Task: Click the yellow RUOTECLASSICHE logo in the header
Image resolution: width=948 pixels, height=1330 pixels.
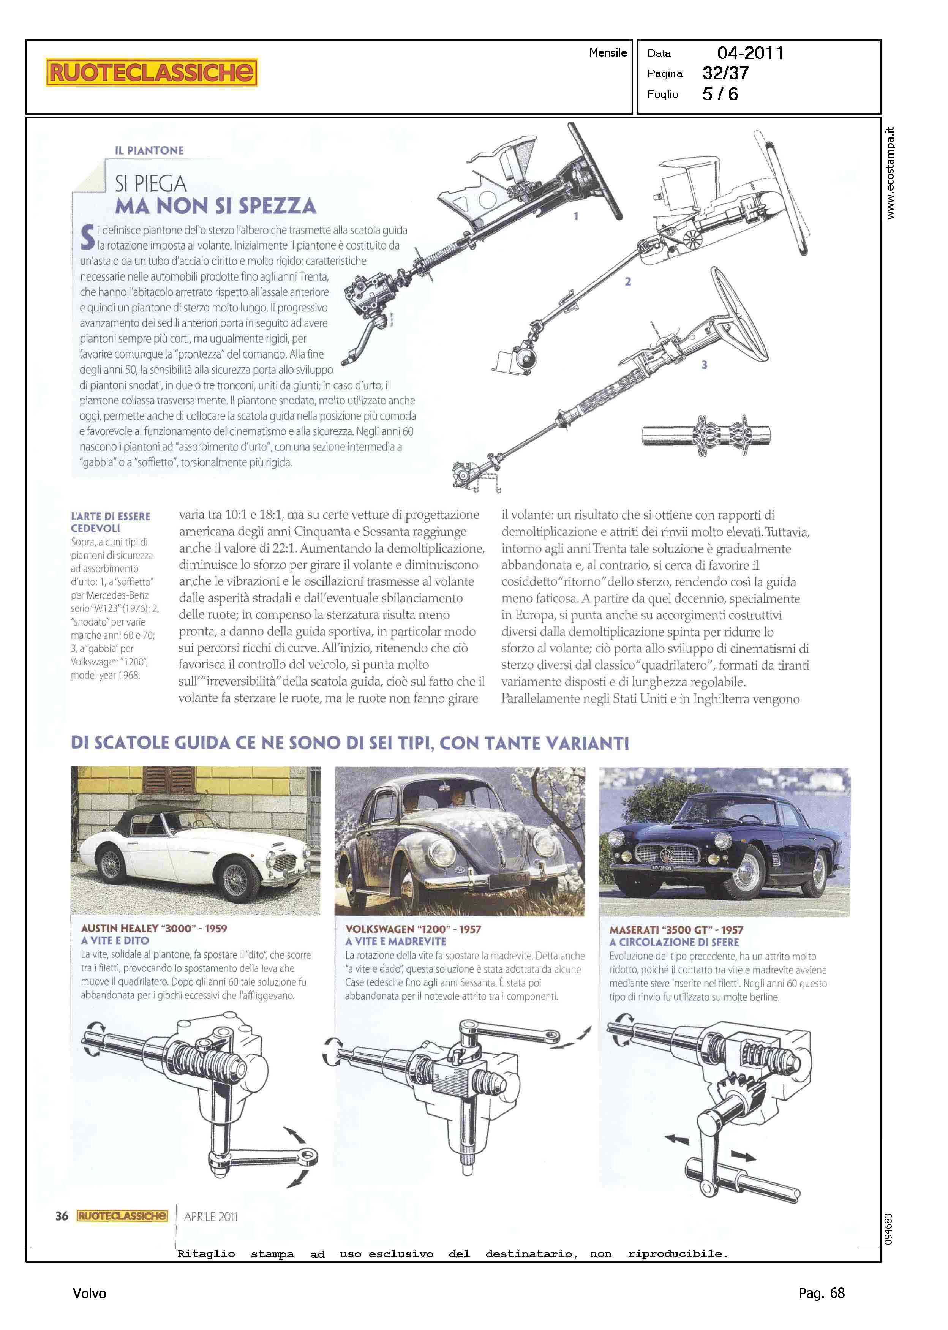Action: coord(152,73)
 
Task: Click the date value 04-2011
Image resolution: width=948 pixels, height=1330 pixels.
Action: coord(750,53)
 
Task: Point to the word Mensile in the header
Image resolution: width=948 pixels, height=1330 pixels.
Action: coord(608,52)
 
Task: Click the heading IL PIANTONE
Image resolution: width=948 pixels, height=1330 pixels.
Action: coord(149,150)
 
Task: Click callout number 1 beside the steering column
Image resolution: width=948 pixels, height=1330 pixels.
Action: coord(576,216)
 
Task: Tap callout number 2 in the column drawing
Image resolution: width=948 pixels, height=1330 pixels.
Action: coord(628,281)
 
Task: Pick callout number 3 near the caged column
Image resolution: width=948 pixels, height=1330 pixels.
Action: coord(704,365)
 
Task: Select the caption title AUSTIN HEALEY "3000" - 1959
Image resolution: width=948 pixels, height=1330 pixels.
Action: coord(154,928)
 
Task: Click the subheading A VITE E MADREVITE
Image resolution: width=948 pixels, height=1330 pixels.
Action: coord(396,941)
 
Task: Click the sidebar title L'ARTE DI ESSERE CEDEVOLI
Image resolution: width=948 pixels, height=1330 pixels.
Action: coord(110,522)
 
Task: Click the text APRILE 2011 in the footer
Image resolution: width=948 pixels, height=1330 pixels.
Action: coord(211,1217)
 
